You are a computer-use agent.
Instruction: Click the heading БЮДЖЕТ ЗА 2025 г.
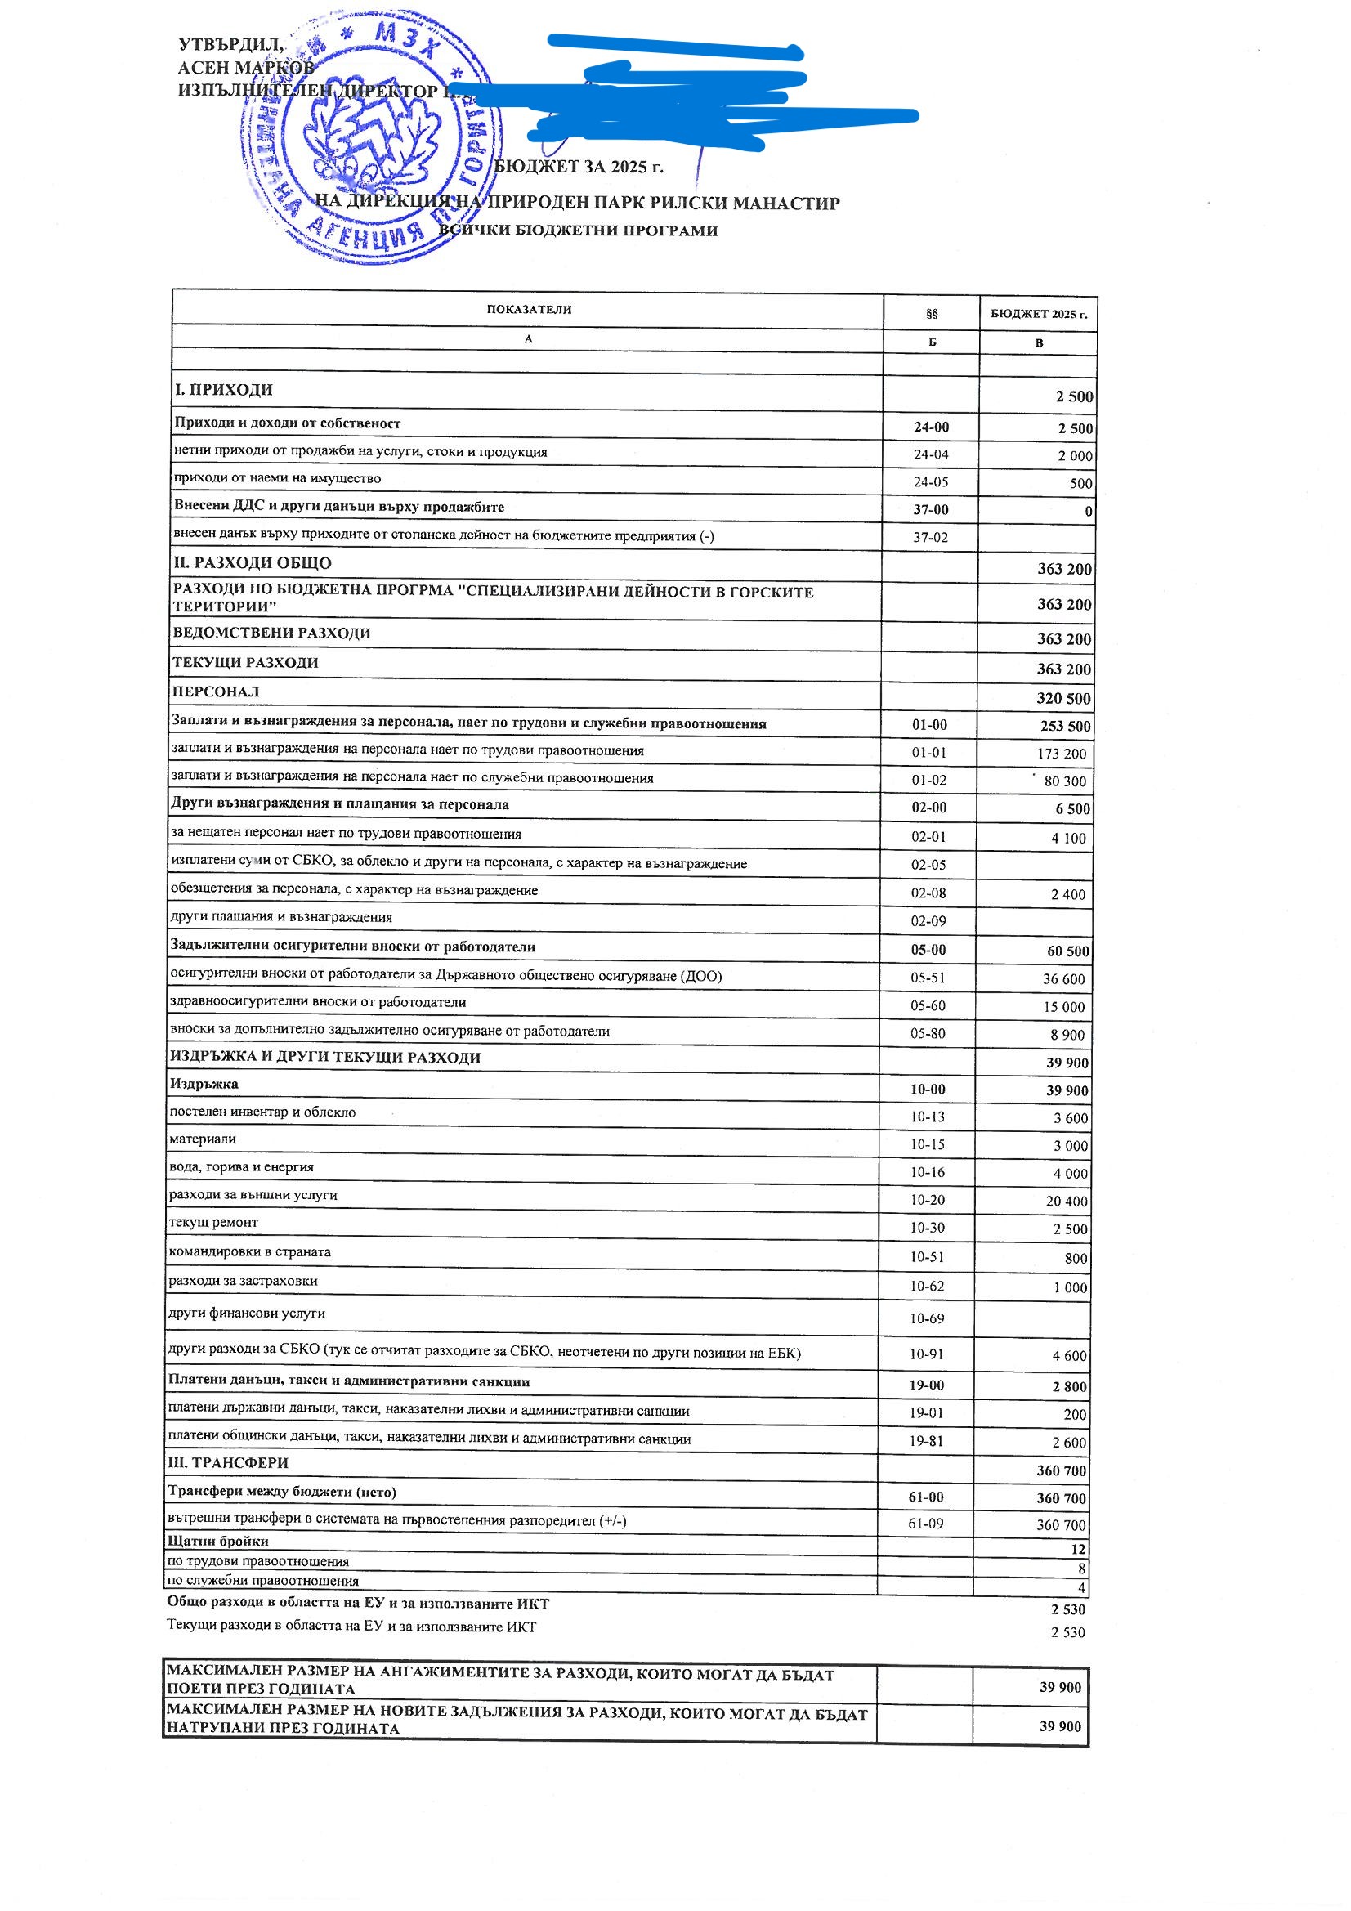pyautogui.click(x=579, y=167)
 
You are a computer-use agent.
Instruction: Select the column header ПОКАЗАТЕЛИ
pyautogui.click(x=529, y=310)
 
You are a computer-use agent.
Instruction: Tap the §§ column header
pyautogui.click(x=932, y=314)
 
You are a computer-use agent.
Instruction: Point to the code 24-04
pyautogui.click(x=931, y=454)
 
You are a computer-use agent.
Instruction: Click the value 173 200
pyautogui.click(x=1062, y=754)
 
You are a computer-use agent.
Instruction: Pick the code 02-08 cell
pyautogui.click(x=928, y=893)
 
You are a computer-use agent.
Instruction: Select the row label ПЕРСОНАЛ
pyautogui.click(x=216, y=691)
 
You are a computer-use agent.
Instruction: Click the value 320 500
pyautogui.click(x=1063, y=698)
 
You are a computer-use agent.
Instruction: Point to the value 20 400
pyautogui.click(x=1067, y=1201)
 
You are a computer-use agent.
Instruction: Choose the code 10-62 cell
pyautogui.click(x=927, y=1286)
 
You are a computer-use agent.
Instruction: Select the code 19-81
pyautogui.click(x=926, y=1441)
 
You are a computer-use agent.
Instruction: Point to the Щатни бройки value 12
pyautogui.click(x=1078, y=1550)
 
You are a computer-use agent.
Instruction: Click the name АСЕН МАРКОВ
pyautogui.click(x=246, y=67)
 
